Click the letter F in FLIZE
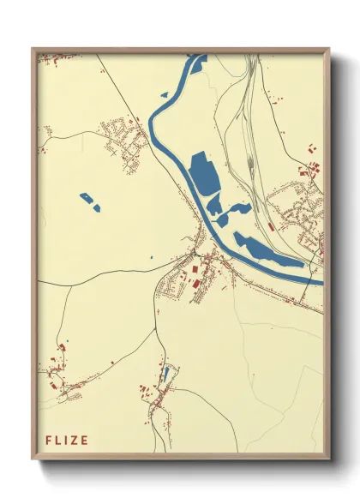[49, 441]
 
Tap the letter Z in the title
[74, 441]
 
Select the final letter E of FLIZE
[84, 441]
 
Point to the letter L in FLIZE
[58, 441]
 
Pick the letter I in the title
[66, 441]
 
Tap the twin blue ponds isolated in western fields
[90, 201]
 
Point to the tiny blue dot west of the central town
[151, 257]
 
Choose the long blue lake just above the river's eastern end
[266, 250]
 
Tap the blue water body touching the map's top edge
[196, 61]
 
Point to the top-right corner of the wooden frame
[328, 49]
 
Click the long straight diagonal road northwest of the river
[129, 103]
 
